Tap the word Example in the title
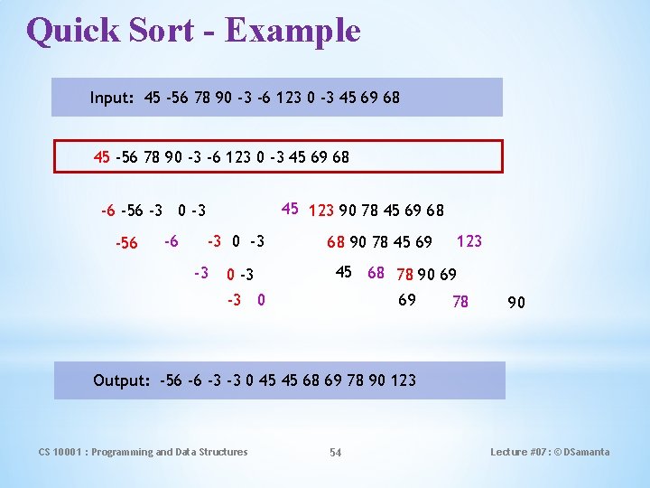(x=292, y=31)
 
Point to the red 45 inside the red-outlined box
(x=102, y=157)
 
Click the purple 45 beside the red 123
(x=290, y=210)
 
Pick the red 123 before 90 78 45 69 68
(x=321, y=211)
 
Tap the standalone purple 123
(x=469, y=241)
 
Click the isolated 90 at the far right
(x=515, y=303)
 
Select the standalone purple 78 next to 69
(x=460, y=302)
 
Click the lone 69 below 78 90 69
(x=407, y=300)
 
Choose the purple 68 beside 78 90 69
(x=376, y=273)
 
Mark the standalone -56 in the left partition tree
(x=126, y=243)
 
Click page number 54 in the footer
(x=335, y=452)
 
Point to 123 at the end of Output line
(x=404, y=380)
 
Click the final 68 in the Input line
(x=391, y=98)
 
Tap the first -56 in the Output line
(x=171, y=380)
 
